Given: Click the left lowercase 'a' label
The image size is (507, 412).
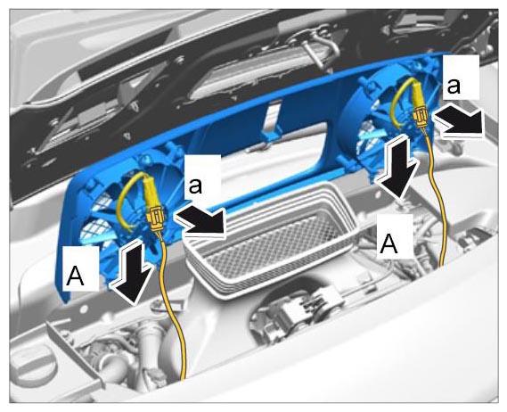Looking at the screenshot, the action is point(196,186).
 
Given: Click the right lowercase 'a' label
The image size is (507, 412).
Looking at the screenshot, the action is point(454,87).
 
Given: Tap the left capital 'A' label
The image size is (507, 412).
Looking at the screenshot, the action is point(75,277).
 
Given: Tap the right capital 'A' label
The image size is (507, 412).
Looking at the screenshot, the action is point(388,243).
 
